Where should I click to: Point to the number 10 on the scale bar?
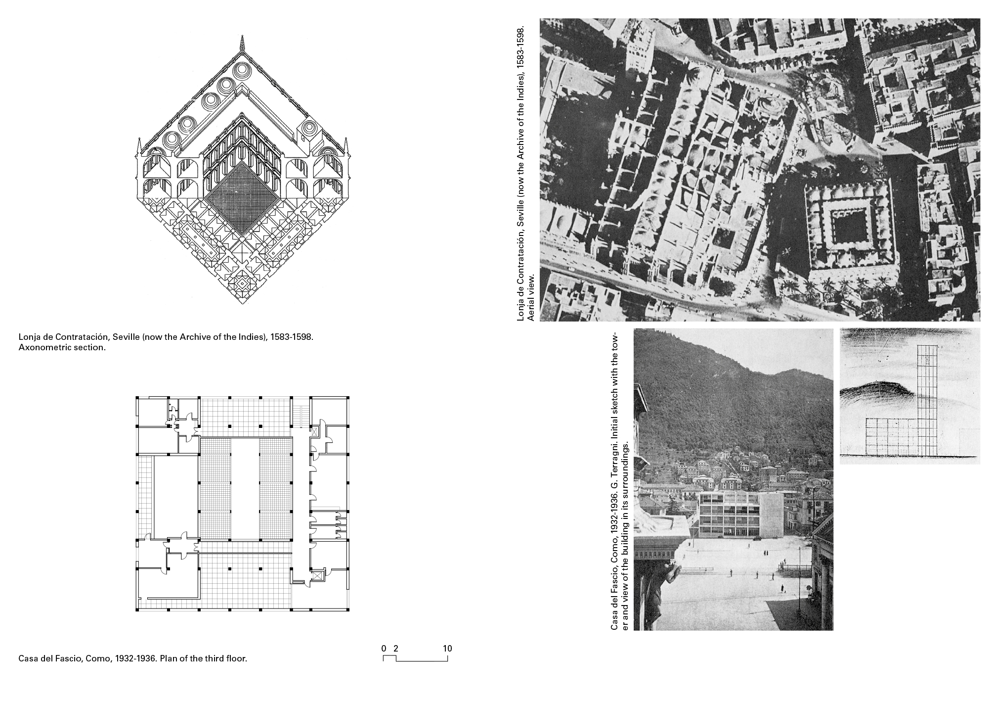point(447,649)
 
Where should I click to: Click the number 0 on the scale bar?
point(384,649)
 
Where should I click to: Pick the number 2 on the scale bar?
point(395,649)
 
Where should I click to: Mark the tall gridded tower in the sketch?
point(927,396)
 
